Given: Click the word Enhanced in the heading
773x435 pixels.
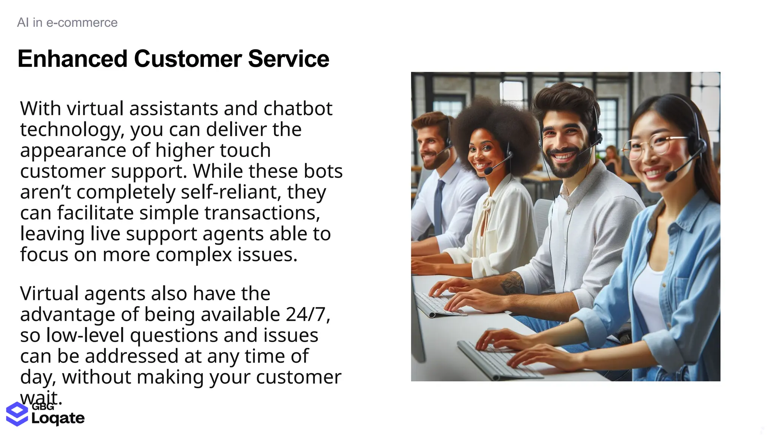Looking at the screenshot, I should coord(72,59).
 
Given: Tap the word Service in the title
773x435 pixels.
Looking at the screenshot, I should coord(288,59).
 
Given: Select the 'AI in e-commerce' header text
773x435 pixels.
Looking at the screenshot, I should coord(67,23).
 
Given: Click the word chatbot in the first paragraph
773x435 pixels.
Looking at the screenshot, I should coord(298,109).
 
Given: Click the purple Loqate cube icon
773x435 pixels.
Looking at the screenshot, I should coord(17,414).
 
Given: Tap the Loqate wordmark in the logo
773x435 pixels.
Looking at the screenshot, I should coord(58,418).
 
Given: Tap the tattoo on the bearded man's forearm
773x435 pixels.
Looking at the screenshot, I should coord(512,283).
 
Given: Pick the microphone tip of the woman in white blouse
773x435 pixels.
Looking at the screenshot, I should coord(488,171).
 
